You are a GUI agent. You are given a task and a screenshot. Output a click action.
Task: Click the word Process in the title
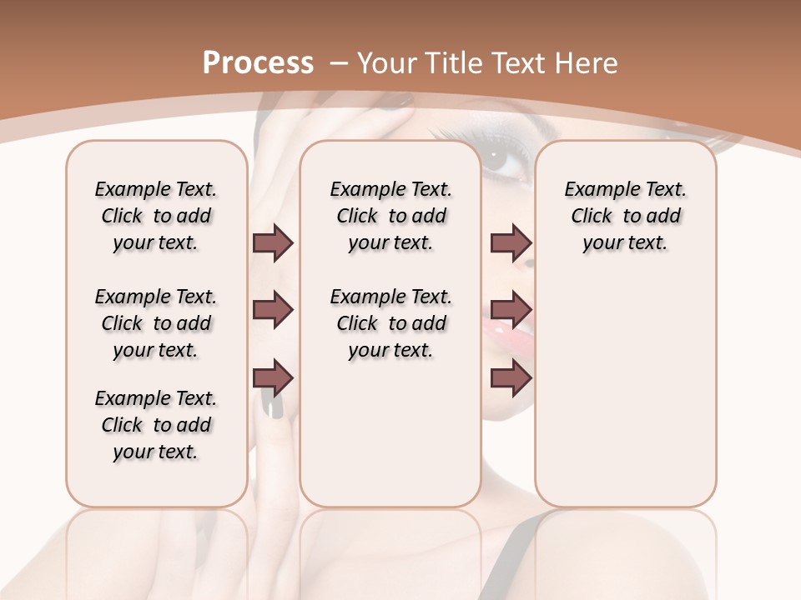point(258,62)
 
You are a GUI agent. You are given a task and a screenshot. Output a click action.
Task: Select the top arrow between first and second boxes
point(273,242)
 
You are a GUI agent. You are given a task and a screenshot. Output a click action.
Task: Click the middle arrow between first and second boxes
point(273,310)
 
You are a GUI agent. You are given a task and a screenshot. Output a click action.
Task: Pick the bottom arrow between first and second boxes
point(273,377)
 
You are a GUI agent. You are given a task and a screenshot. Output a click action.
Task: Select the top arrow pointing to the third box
point(511,242)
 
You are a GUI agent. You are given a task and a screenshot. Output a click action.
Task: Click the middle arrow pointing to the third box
point(511,310)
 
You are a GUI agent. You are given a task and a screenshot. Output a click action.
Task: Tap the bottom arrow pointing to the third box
point(511,377)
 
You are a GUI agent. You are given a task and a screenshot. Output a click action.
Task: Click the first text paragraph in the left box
point(156,216)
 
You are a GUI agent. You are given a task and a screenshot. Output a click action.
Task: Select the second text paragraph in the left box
point(156,323)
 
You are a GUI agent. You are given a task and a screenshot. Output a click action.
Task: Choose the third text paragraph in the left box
point(156,425)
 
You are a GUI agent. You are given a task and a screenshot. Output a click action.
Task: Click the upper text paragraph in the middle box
point(390,216)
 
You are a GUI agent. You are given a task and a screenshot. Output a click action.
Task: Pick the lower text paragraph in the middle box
point(390,323)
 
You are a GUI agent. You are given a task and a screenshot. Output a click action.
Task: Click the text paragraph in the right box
point(625,216)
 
